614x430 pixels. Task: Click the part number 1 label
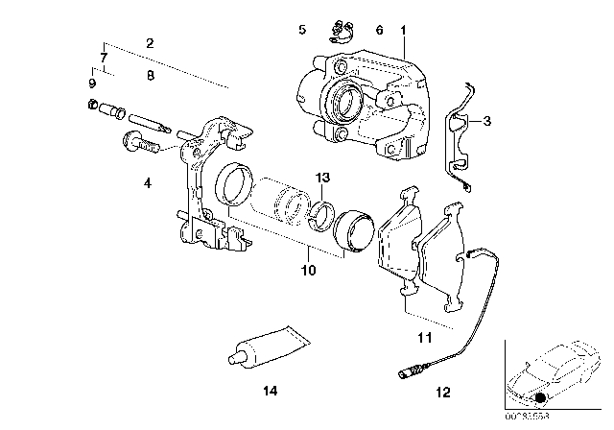click(404, 31)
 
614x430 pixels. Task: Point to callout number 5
click(302, 31)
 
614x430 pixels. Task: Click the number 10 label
click(308, 272)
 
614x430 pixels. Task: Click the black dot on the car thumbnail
click(541, 397)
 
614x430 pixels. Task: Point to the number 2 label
click(149, 43)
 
